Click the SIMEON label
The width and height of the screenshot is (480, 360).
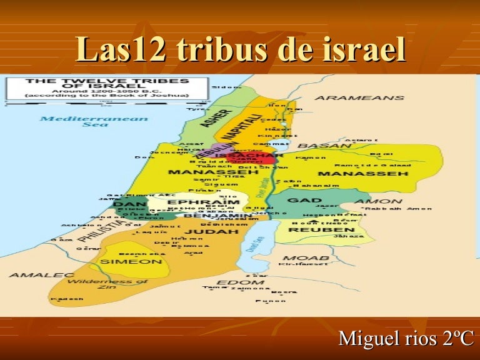131,261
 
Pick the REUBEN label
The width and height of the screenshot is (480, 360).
315,229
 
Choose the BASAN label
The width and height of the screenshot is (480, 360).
331,145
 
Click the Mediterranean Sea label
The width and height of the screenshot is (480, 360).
94,121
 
